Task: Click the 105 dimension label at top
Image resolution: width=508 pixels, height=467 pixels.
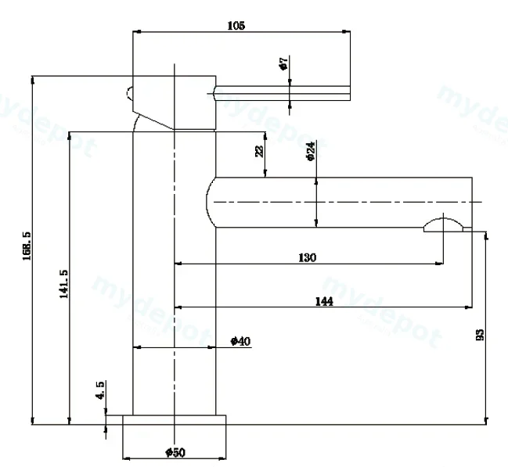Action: coord(236,25)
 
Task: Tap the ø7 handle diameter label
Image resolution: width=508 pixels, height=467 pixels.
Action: coord(283,63)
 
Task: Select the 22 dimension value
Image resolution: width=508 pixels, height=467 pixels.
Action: coord(260,151)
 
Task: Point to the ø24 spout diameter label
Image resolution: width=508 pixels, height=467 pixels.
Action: coord(310,151)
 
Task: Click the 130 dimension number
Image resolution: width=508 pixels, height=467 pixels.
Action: coord(307,258)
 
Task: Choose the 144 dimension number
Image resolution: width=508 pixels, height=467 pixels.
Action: coord(324,301)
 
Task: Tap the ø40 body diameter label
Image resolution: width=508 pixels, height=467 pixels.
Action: coord(240,341)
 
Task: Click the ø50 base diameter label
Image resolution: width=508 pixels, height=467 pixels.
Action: coord(175,452)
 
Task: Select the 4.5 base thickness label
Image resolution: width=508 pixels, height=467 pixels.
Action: coord(100,390)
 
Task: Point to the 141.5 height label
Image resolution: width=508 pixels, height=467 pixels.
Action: coord(63,284)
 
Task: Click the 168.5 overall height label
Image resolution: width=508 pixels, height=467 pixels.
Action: coord(27,246)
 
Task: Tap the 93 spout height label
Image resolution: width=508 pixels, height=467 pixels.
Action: coord(480,335)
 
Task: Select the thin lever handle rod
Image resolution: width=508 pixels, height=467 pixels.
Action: coord(283,93)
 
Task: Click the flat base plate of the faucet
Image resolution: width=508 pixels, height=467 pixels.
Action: coord(175,420)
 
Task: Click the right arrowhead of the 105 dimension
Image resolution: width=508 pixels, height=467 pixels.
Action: coord(346,32)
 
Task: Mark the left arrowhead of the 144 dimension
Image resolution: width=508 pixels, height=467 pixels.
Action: coord(178,307)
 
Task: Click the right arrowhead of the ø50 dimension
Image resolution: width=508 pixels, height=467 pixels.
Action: coord(222,458)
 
